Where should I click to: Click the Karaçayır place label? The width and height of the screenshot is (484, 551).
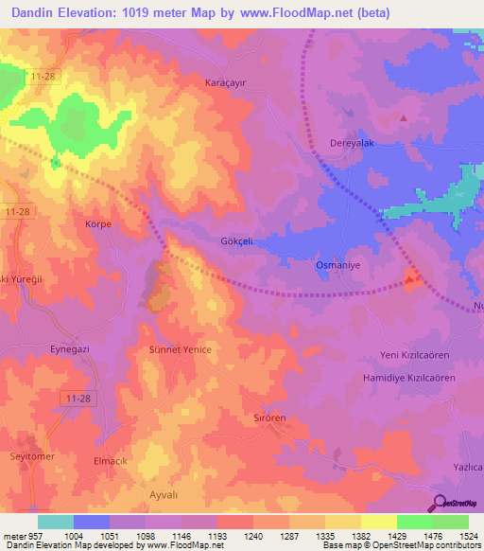[x=226, y=82]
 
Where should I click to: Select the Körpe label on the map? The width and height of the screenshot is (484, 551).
[x=98, y=224]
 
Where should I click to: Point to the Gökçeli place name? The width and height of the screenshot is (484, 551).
[x=236, y=241]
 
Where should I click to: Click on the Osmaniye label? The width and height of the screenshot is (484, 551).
[x=334, y=266]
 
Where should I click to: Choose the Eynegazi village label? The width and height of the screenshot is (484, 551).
[x=70, y=349]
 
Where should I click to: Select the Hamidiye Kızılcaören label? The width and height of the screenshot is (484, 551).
[x=412, y=377]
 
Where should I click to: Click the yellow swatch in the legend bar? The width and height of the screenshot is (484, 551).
[x=378, y=522]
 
